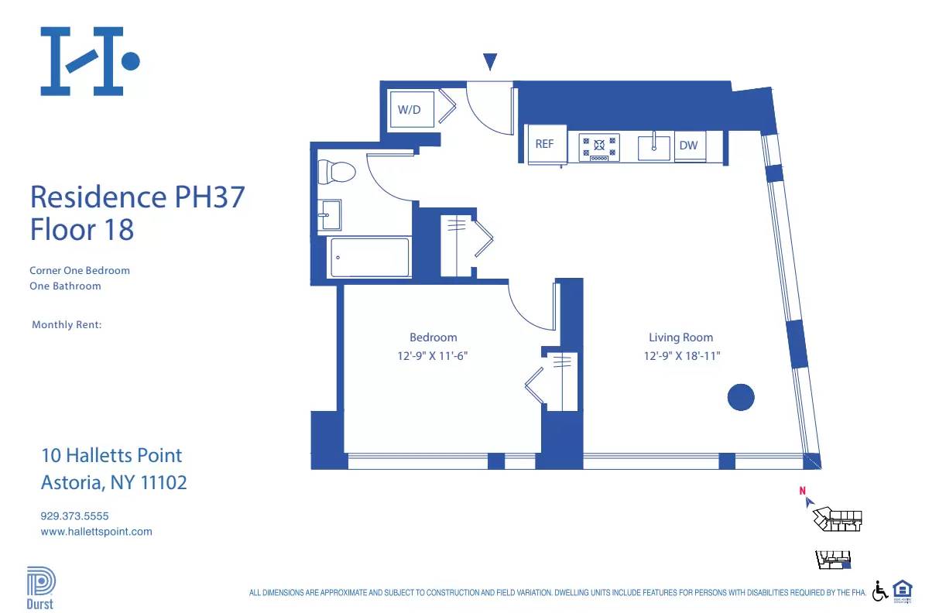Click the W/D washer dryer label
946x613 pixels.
pyautogui.click(x=410, y=110)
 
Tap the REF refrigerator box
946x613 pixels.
pyautogui.click(x=545, y=145)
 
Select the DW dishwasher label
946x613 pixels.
pyautogui.click(x=688, y=146)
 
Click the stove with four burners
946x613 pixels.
pyautogui.click(x=598, y=146)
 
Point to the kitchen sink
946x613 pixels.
pyautogui.click(x=654, y=146)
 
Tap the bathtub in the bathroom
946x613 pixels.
pyautogui.click(x=369, y=257)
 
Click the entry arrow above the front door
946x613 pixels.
pyautogui.click(x=490, y=62)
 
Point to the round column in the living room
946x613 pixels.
pyautogui.click(x=741, y=397)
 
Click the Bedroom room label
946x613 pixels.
pyautogui.click(x=433, y=337)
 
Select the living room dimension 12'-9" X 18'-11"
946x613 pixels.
pyautogui.click(x=680, y=356)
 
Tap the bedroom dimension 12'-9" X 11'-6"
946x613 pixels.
pyautogui.click(x=433, y=356)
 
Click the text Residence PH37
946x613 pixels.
pyautogui.click(x=137, y=197)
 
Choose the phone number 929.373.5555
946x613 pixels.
pyautogui.click(x=75, y=515)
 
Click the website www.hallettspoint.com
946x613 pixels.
pyautogui.click(x=96, y=532)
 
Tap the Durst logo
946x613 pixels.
pyautogui.click(x=40, y=588)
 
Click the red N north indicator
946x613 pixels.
pyautogui.click(x=803, y=490)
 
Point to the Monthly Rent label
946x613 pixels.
pyautogui.click(x=67, y=325)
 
